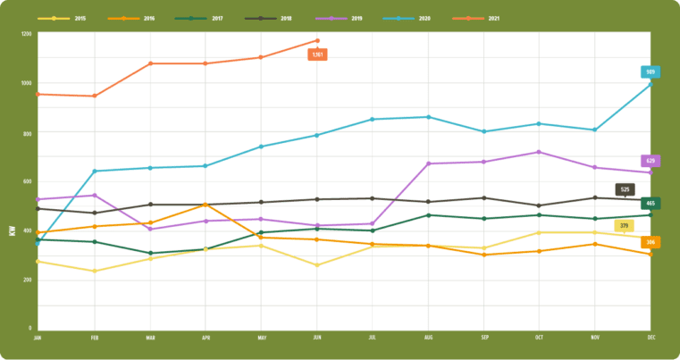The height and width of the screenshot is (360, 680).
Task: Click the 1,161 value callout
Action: (x=317, y=54)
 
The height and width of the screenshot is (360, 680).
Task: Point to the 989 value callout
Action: (x=651, y=72)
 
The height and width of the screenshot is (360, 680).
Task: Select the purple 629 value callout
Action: (x=651, y=161)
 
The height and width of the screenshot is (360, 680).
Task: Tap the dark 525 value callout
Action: (x=625, y=189)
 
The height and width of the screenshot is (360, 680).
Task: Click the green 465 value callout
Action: (x=651, y=204)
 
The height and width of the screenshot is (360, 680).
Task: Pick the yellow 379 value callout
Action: (x=625, y=226)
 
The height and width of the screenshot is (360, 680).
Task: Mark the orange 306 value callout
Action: (x=651, y=242)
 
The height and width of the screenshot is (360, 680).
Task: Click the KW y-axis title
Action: (x=13, y=230)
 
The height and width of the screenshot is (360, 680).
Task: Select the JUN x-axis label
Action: (x=316, y=339)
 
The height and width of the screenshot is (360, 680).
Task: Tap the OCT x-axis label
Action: (x=539, y=339)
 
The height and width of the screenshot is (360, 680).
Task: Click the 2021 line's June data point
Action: (x=316, y=40)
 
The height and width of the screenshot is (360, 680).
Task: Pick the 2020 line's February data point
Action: (x=94, y=172)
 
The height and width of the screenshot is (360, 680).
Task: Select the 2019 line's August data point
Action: (x=428, y=163)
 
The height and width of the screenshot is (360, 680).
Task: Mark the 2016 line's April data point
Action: (x=206, y=205)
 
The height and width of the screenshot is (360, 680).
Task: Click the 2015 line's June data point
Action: (x=316, y=265)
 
